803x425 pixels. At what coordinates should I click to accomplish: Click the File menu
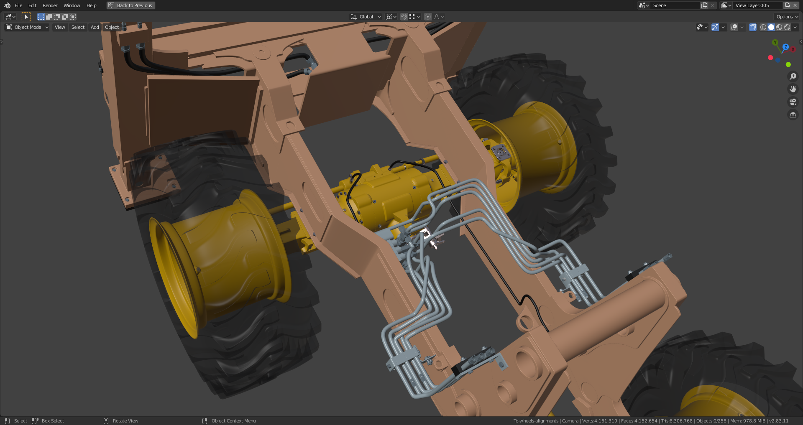[18, 5]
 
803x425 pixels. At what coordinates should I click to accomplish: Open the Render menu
[50, 5]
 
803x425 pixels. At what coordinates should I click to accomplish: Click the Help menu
[91, 5]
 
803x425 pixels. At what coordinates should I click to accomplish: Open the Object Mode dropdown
[27, 27]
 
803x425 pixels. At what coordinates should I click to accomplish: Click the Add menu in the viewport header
[95, 27]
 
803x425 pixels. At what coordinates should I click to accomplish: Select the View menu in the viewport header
[60, 27]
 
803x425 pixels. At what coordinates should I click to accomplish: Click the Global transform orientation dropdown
[366, 17]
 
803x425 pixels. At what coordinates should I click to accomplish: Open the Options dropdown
[787, 17]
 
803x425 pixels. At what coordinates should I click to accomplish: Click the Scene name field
[675, 5]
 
